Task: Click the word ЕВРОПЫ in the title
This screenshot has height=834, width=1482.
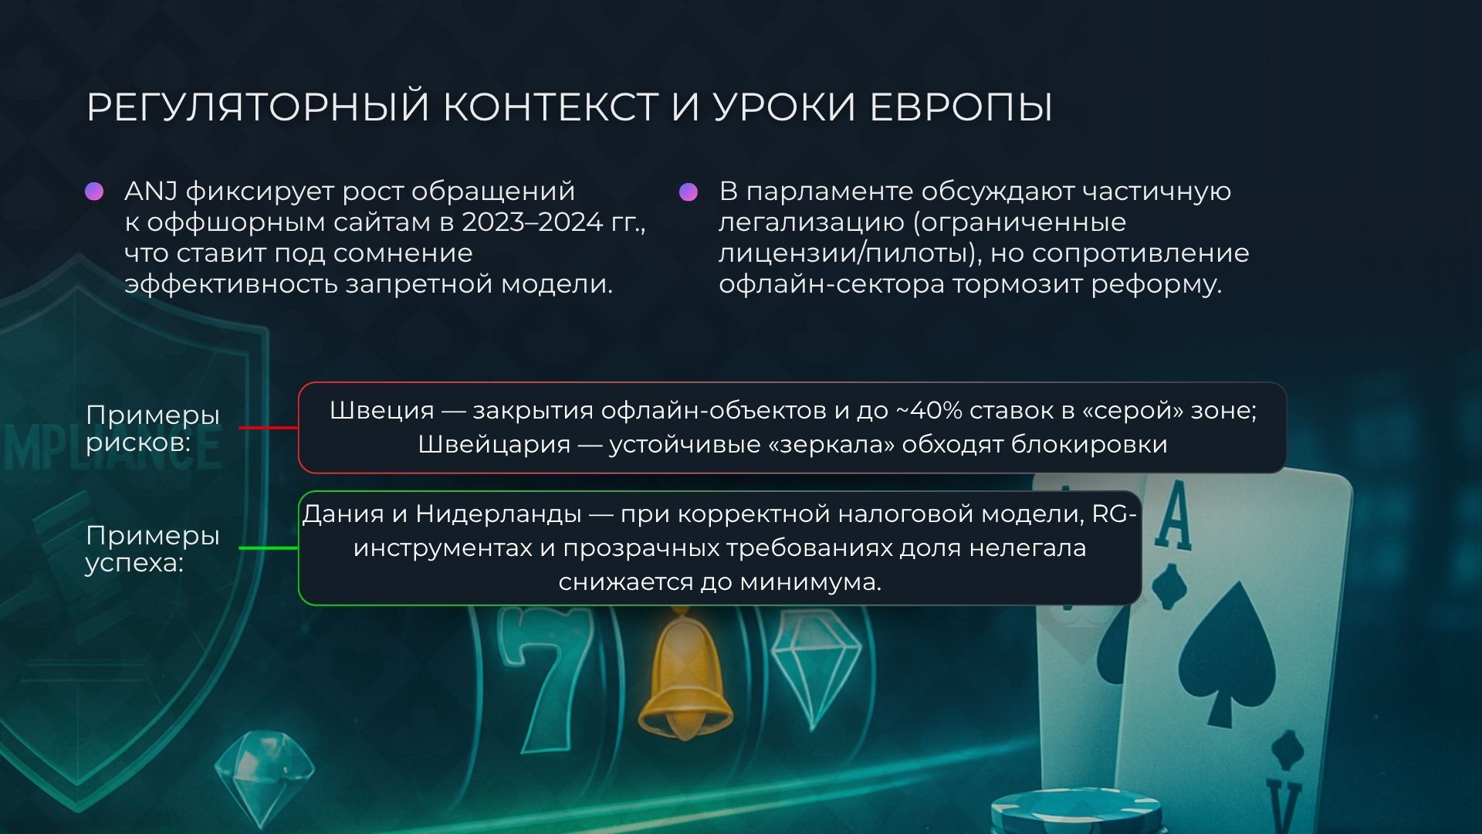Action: [x=961, y=107]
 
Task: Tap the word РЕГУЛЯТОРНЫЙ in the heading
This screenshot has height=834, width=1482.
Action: [x=258, y=107]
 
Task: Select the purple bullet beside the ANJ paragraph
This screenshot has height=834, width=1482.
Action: [x=94, y=192]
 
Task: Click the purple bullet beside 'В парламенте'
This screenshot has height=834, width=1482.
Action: [x=689, y=192]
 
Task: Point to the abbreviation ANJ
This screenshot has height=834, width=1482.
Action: [x=151, y=191]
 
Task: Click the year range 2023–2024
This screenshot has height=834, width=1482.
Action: [x=532, y=222]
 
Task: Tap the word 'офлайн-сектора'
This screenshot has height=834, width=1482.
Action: [x=831, y=284]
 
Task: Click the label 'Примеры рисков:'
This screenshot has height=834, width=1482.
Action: [x=153, y=428]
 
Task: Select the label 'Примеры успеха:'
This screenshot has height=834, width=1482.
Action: [x=153, y=548]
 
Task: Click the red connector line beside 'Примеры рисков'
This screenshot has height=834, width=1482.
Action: [x=269, y=427]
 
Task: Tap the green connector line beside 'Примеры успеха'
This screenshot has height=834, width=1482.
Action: [x=269, y=548]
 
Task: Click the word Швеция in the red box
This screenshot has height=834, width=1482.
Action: [x=381, y=410]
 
